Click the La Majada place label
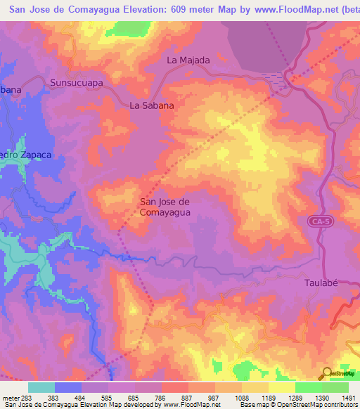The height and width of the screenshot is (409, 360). [x=188, y=60]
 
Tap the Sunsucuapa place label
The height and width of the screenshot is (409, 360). [x=77, y=82]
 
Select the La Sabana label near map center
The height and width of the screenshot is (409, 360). [x=152, y=105]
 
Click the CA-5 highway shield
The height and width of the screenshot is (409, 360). [x=318, y=221]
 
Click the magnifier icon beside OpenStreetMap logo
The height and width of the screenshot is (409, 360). [x=328, y=373]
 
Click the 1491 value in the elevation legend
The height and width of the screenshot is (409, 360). [x=348, y=398]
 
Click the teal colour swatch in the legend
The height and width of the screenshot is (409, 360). [x=41, y=387]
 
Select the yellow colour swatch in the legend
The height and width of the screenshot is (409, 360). [x=281, y=387]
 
